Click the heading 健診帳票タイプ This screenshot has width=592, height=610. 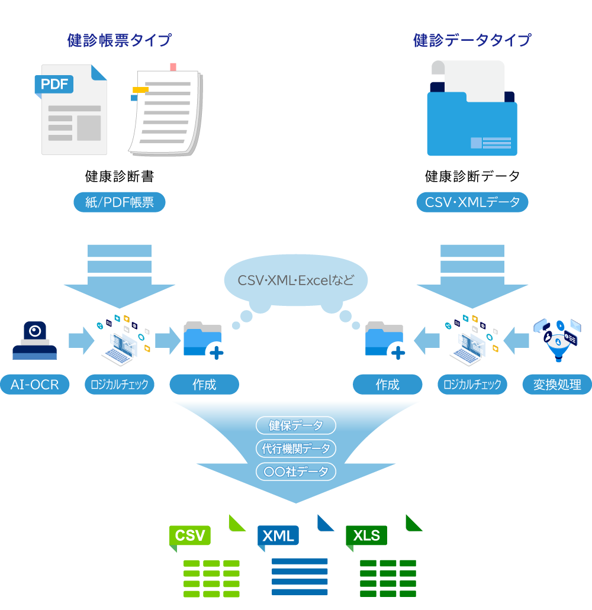(x=119, y=41)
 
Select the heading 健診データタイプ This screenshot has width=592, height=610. (x=472, y=41)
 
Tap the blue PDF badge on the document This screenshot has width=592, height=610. (x=54, y=84)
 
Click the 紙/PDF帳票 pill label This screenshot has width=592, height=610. (x=119, y=202)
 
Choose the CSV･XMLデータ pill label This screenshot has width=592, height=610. (x=472, y=202)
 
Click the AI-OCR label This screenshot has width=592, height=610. (x=34, y=385)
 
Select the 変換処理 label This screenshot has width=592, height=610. (x=556, y=385)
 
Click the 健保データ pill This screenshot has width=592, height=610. (x=296, y=425)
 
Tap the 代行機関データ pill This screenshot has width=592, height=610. (x=296, y=448)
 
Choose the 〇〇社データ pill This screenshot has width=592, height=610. (x=296, y=472)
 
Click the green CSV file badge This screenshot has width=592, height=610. (x=190, y=535)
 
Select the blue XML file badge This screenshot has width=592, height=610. (x=278, y=535)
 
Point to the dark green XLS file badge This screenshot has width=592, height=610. (x=366, y=535)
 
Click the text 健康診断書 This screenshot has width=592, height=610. (x=119, y=176)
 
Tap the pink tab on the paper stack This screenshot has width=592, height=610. (x=173, y=67)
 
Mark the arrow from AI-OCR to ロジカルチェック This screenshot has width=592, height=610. (x=81, y=341)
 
